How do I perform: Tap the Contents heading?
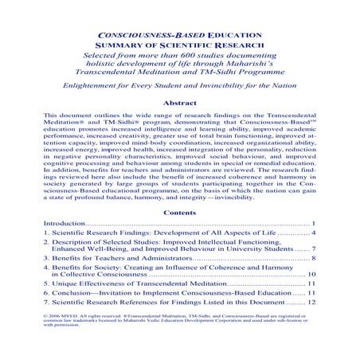[x=180, y=214]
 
